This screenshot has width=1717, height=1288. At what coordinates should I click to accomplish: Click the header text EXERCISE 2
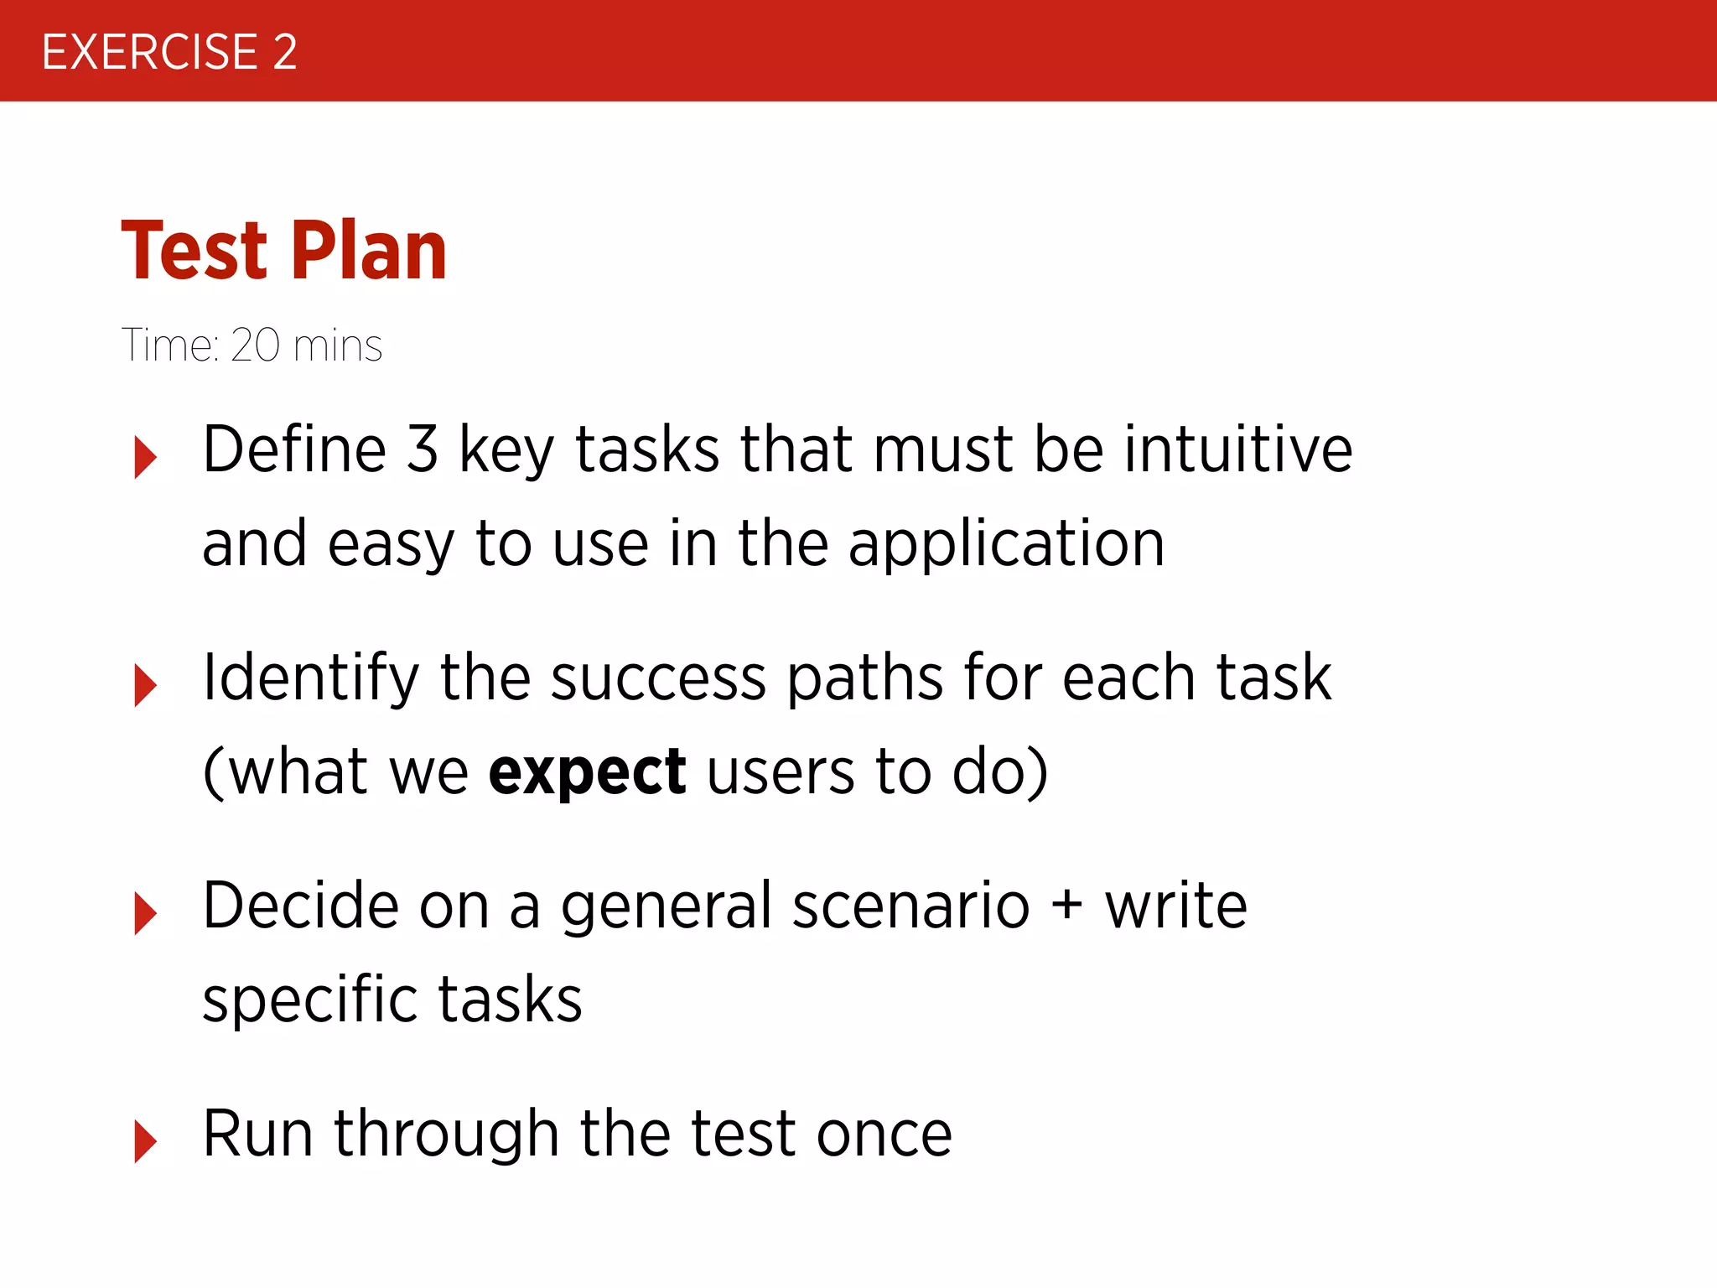coord(169,52)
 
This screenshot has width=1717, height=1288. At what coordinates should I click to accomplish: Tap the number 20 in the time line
coord(255,345)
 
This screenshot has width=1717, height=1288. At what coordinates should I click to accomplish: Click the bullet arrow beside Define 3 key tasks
coord(145,457)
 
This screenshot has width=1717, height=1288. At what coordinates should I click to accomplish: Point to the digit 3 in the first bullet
coord(422,449)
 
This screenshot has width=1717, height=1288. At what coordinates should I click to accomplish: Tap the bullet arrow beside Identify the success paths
coord(145,685)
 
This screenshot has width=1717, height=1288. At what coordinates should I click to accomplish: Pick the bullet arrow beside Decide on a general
coord(145,913)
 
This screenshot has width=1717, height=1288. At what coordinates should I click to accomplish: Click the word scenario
coord(910,906)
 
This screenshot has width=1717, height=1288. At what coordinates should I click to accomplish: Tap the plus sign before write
coord(1067,906)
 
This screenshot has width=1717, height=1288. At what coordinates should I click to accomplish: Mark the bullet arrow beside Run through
coord(145,1141)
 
